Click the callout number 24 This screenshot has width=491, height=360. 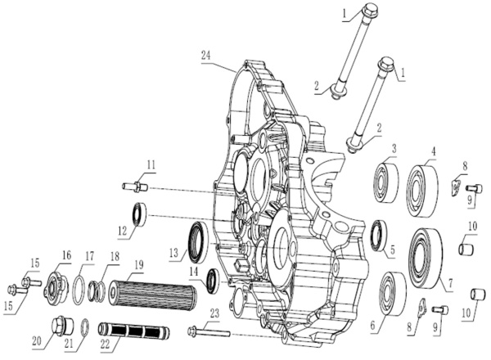pyautogui.click(x=206, y=56)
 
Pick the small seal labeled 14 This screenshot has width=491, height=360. pyautogui.click(x=213, y=281)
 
